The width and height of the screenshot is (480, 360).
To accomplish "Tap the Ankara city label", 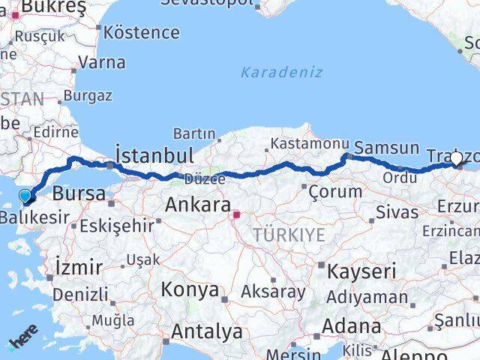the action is (197, 205).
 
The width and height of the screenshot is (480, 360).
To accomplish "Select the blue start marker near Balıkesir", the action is (25, 196).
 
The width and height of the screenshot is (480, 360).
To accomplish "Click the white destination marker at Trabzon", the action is (456, 158).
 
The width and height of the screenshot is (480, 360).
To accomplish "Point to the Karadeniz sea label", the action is (281, 73).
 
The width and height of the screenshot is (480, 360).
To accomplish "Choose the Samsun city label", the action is (386, 148).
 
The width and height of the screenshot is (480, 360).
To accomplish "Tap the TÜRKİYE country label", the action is (289, 235).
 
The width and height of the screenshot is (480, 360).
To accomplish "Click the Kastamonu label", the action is (310, 143).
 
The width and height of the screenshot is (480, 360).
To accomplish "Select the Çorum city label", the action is (335, 191).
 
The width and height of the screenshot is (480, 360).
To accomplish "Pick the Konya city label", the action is (190, 289).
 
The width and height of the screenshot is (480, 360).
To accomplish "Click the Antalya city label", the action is (206, 331).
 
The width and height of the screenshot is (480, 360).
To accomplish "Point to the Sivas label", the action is (397, 211).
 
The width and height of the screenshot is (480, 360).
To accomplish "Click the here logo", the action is (22, 343).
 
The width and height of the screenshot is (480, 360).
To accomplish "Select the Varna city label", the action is (101, 62).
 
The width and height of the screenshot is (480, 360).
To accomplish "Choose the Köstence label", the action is (142, 32).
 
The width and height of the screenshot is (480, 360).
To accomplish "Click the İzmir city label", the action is (79, 266).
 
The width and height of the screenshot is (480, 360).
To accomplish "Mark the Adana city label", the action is (351, 327).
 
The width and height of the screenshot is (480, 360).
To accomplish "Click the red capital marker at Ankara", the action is (236, 215).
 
